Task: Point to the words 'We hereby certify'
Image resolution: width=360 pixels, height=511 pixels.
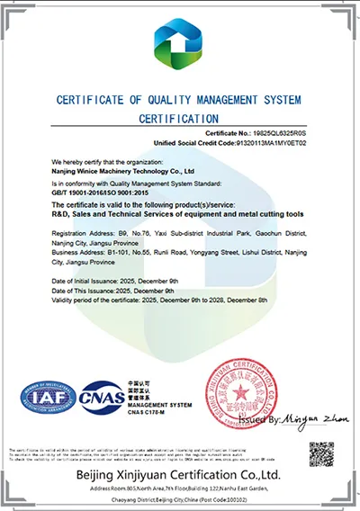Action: coord(74,157)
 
